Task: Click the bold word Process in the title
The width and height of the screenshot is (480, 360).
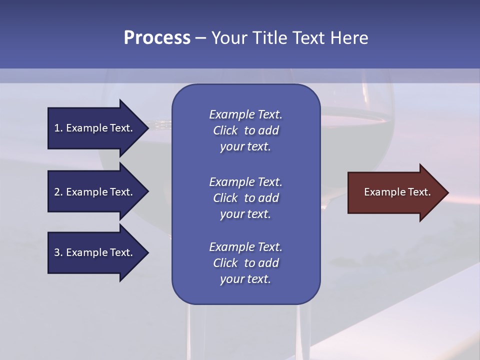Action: [x=157, y=38]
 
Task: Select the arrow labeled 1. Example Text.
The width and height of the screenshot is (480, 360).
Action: [x=95, y=128]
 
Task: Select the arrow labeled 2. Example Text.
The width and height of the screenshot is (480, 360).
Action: [x=95, y=192]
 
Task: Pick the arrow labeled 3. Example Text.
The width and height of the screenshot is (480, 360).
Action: [x=95, y=252]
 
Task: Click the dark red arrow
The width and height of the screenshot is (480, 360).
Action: [x=395, y=192]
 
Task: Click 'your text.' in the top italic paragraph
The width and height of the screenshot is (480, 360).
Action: [x=245, y=147]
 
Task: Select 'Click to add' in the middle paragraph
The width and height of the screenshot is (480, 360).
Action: [x=245, y=198]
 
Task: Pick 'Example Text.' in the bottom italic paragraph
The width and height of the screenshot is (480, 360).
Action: [x=245, y=247]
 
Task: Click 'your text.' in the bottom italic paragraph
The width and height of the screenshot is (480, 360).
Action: [x=245, y=279]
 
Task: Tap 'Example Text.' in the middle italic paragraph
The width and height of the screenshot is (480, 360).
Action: [x=245, y=182]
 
